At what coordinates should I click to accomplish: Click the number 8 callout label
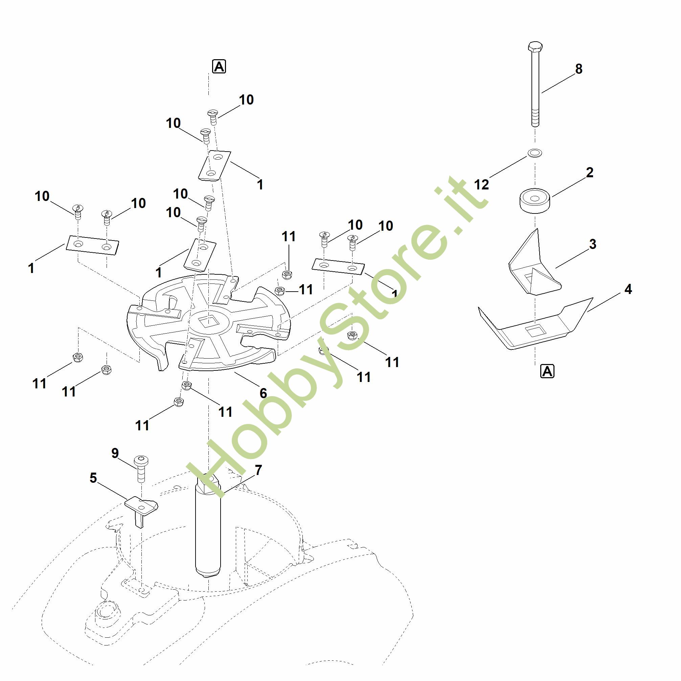(578, 69)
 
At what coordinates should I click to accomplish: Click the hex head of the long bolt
(535, 47)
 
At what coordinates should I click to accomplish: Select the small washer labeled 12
(535, 153)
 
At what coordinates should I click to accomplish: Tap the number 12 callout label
(481, 185)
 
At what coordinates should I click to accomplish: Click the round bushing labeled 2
(535, 201)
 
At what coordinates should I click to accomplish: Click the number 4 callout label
(628, 289)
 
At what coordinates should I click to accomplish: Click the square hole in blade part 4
(535, 331)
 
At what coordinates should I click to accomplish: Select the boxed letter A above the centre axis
(219, 66)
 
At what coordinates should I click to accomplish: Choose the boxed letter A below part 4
(547, 371)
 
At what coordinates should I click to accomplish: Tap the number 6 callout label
(263, 393)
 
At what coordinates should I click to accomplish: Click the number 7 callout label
(258, 470)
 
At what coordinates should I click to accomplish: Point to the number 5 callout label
(93, 478)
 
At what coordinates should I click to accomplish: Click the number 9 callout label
(115, 453)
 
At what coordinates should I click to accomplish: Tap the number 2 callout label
(590, 173)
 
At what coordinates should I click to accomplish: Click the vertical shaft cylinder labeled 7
(208, 529)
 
